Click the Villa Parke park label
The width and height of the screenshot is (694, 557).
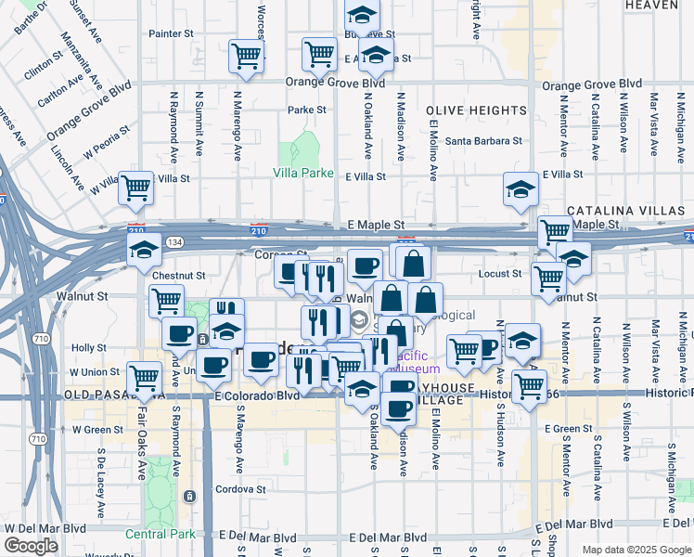point(303,173)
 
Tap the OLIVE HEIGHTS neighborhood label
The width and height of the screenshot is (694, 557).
point(478,110)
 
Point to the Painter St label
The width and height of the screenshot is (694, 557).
point(170,33)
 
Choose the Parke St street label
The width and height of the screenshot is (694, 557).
point(307,110)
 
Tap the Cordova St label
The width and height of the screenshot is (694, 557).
point(240,489)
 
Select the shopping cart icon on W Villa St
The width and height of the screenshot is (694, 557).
point(136,187)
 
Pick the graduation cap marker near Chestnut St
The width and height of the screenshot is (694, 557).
point(144,249)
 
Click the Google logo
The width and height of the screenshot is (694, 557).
point(31,546)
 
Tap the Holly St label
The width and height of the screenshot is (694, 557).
point(89,348)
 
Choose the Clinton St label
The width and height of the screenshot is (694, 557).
point(44,69)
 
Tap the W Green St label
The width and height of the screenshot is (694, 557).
point(96,429)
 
